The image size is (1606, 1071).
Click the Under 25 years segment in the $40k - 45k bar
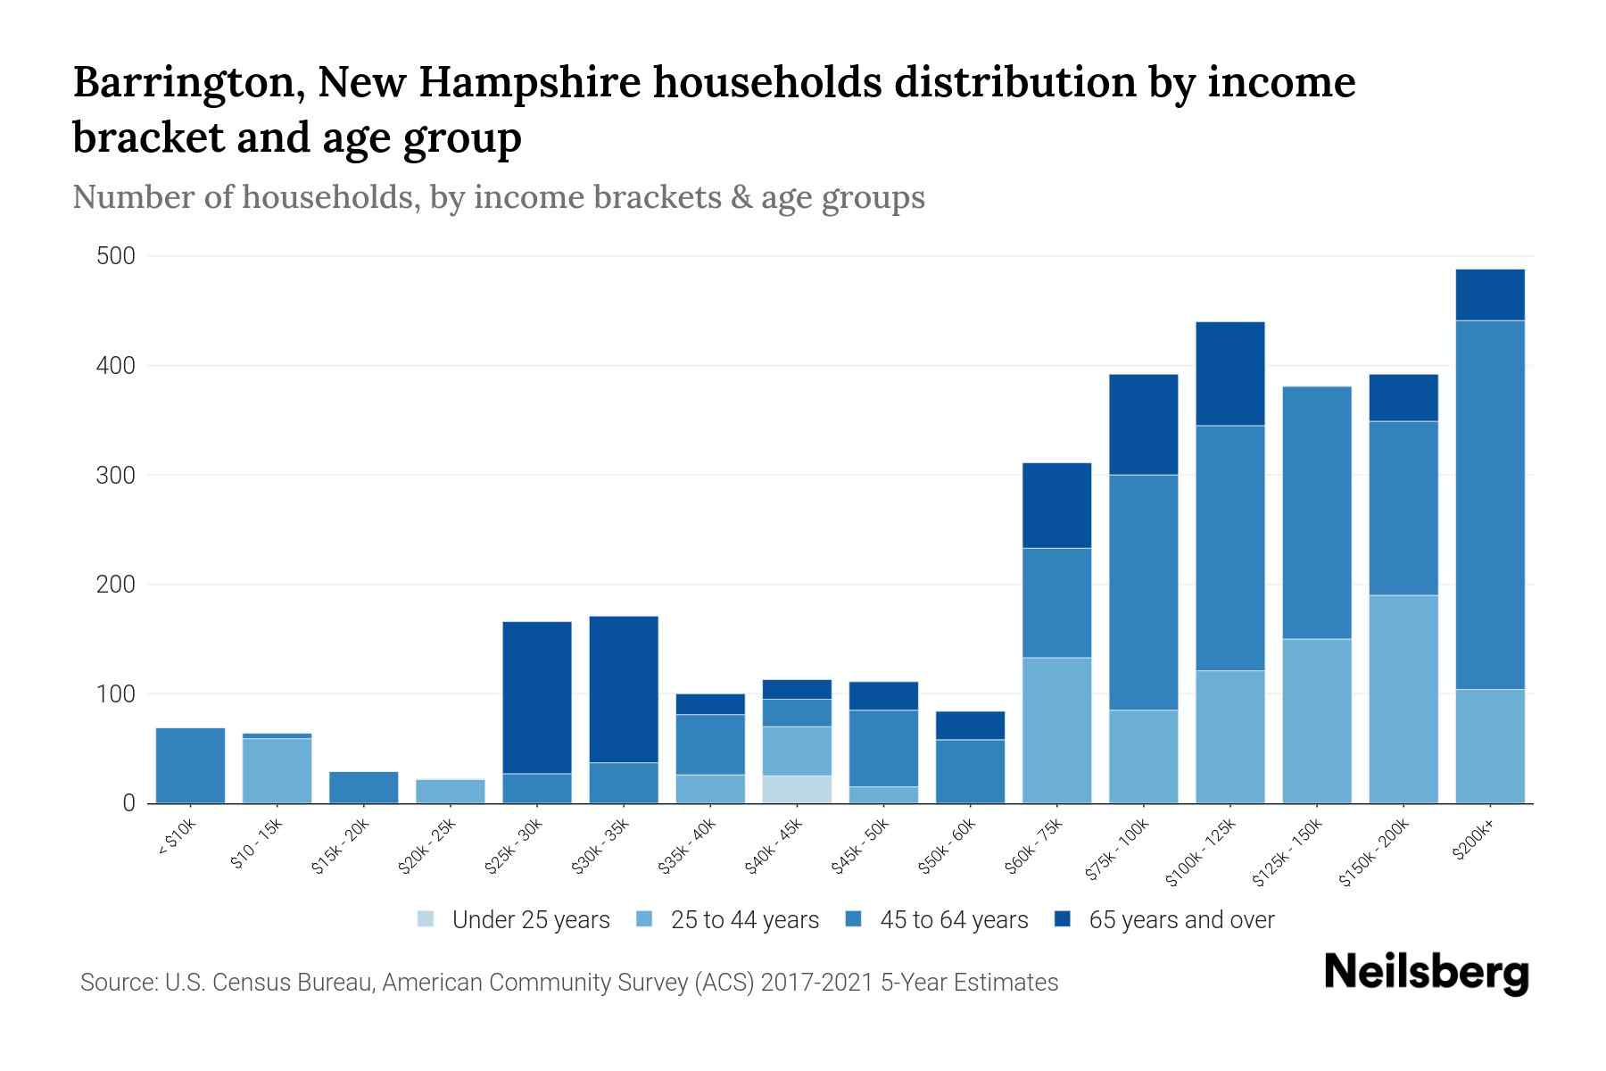(797, 789)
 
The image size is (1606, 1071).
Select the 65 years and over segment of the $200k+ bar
(1489, 295)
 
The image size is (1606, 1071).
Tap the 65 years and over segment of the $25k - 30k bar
(537, 697)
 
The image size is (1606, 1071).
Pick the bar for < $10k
(190, 766)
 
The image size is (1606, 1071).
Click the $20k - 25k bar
(451, 792)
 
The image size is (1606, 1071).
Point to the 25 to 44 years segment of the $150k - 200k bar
(1403, 699)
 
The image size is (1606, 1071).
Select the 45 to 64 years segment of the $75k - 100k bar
(1143, 592)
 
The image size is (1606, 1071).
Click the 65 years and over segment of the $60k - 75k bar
(1056, 505)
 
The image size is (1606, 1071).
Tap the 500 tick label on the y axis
(116, 257)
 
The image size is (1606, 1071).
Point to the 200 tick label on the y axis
(116, 585)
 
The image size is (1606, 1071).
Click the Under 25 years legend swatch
(426, 919)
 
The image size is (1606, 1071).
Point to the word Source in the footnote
(116, 983)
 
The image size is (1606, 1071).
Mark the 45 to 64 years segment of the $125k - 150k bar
(1316, 512)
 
